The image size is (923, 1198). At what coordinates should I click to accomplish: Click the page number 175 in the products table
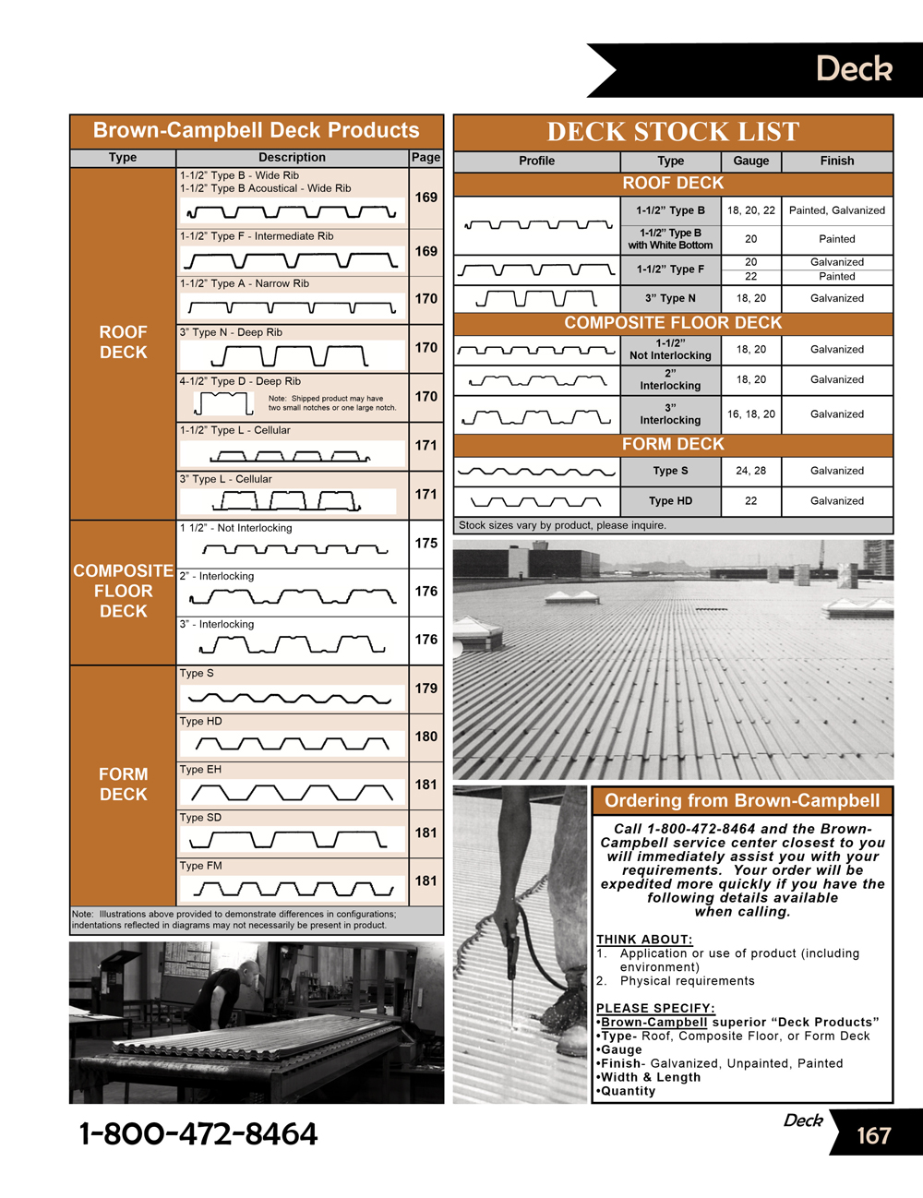point(426,543)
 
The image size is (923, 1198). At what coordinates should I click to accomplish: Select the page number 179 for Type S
point(426,688)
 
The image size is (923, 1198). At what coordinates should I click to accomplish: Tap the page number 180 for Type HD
point(426,737)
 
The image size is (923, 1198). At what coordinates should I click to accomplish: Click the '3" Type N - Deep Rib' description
point(231,332)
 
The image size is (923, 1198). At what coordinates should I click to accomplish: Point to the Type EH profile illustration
point(292,793)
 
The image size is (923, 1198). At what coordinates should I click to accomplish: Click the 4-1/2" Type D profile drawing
point(223,403)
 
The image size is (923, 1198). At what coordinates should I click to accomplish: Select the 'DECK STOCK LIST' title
point(673,132)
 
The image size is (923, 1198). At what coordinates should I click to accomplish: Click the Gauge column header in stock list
point(750,161)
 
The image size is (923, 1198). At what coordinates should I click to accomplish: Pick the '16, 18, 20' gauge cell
point(750,414)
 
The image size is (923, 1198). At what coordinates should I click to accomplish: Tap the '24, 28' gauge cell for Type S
point(750,471)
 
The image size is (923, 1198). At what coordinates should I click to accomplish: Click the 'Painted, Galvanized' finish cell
point(836,210)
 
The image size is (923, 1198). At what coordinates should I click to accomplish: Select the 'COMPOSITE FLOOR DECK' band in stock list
point(673,323)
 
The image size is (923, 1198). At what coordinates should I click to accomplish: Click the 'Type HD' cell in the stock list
point(670,501)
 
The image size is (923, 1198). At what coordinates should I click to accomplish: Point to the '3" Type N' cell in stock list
point(670,298)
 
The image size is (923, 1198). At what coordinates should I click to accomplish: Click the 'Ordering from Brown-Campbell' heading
point(742,801)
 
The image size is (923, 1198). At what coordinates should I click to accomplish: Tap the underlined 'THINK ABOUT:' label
point(644,940)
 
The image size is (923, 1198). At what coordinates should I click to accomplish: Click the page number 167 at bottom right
point(873,1135)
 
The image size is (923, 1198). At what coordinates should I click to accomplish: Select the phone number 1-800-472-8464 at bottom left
point(198,1134)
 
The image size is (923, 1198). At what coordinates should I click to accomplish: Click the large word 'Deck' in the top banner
point(854,69)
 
